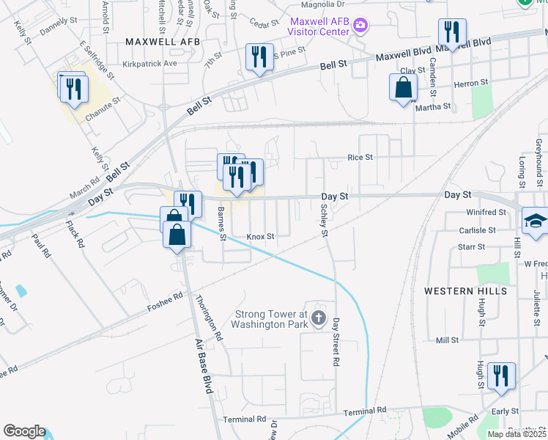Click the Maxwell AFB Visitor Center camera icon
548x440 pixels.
[360, 26]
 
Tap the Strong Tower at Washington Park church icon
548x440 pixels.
[318, 318]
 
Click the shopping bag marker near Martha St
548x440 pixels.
[404, 89]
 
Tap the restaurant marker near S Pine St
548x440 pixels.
[259, 57]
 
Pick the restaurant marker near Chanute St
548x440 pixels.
[74, 89]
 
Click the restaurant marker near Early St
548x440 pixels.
[501, 377]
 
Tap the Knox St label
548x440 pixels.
[260, 237]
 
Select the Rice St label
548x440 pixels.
[360, 158]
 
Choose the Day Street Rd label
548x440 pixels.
[336, 342]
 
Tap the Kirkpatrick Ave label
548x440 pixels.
[150, 64]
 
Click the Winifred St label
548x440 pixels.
[486, 212]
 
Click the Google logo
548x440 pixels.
[24, 431]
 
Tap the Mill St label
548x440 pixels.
[446, 340]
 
